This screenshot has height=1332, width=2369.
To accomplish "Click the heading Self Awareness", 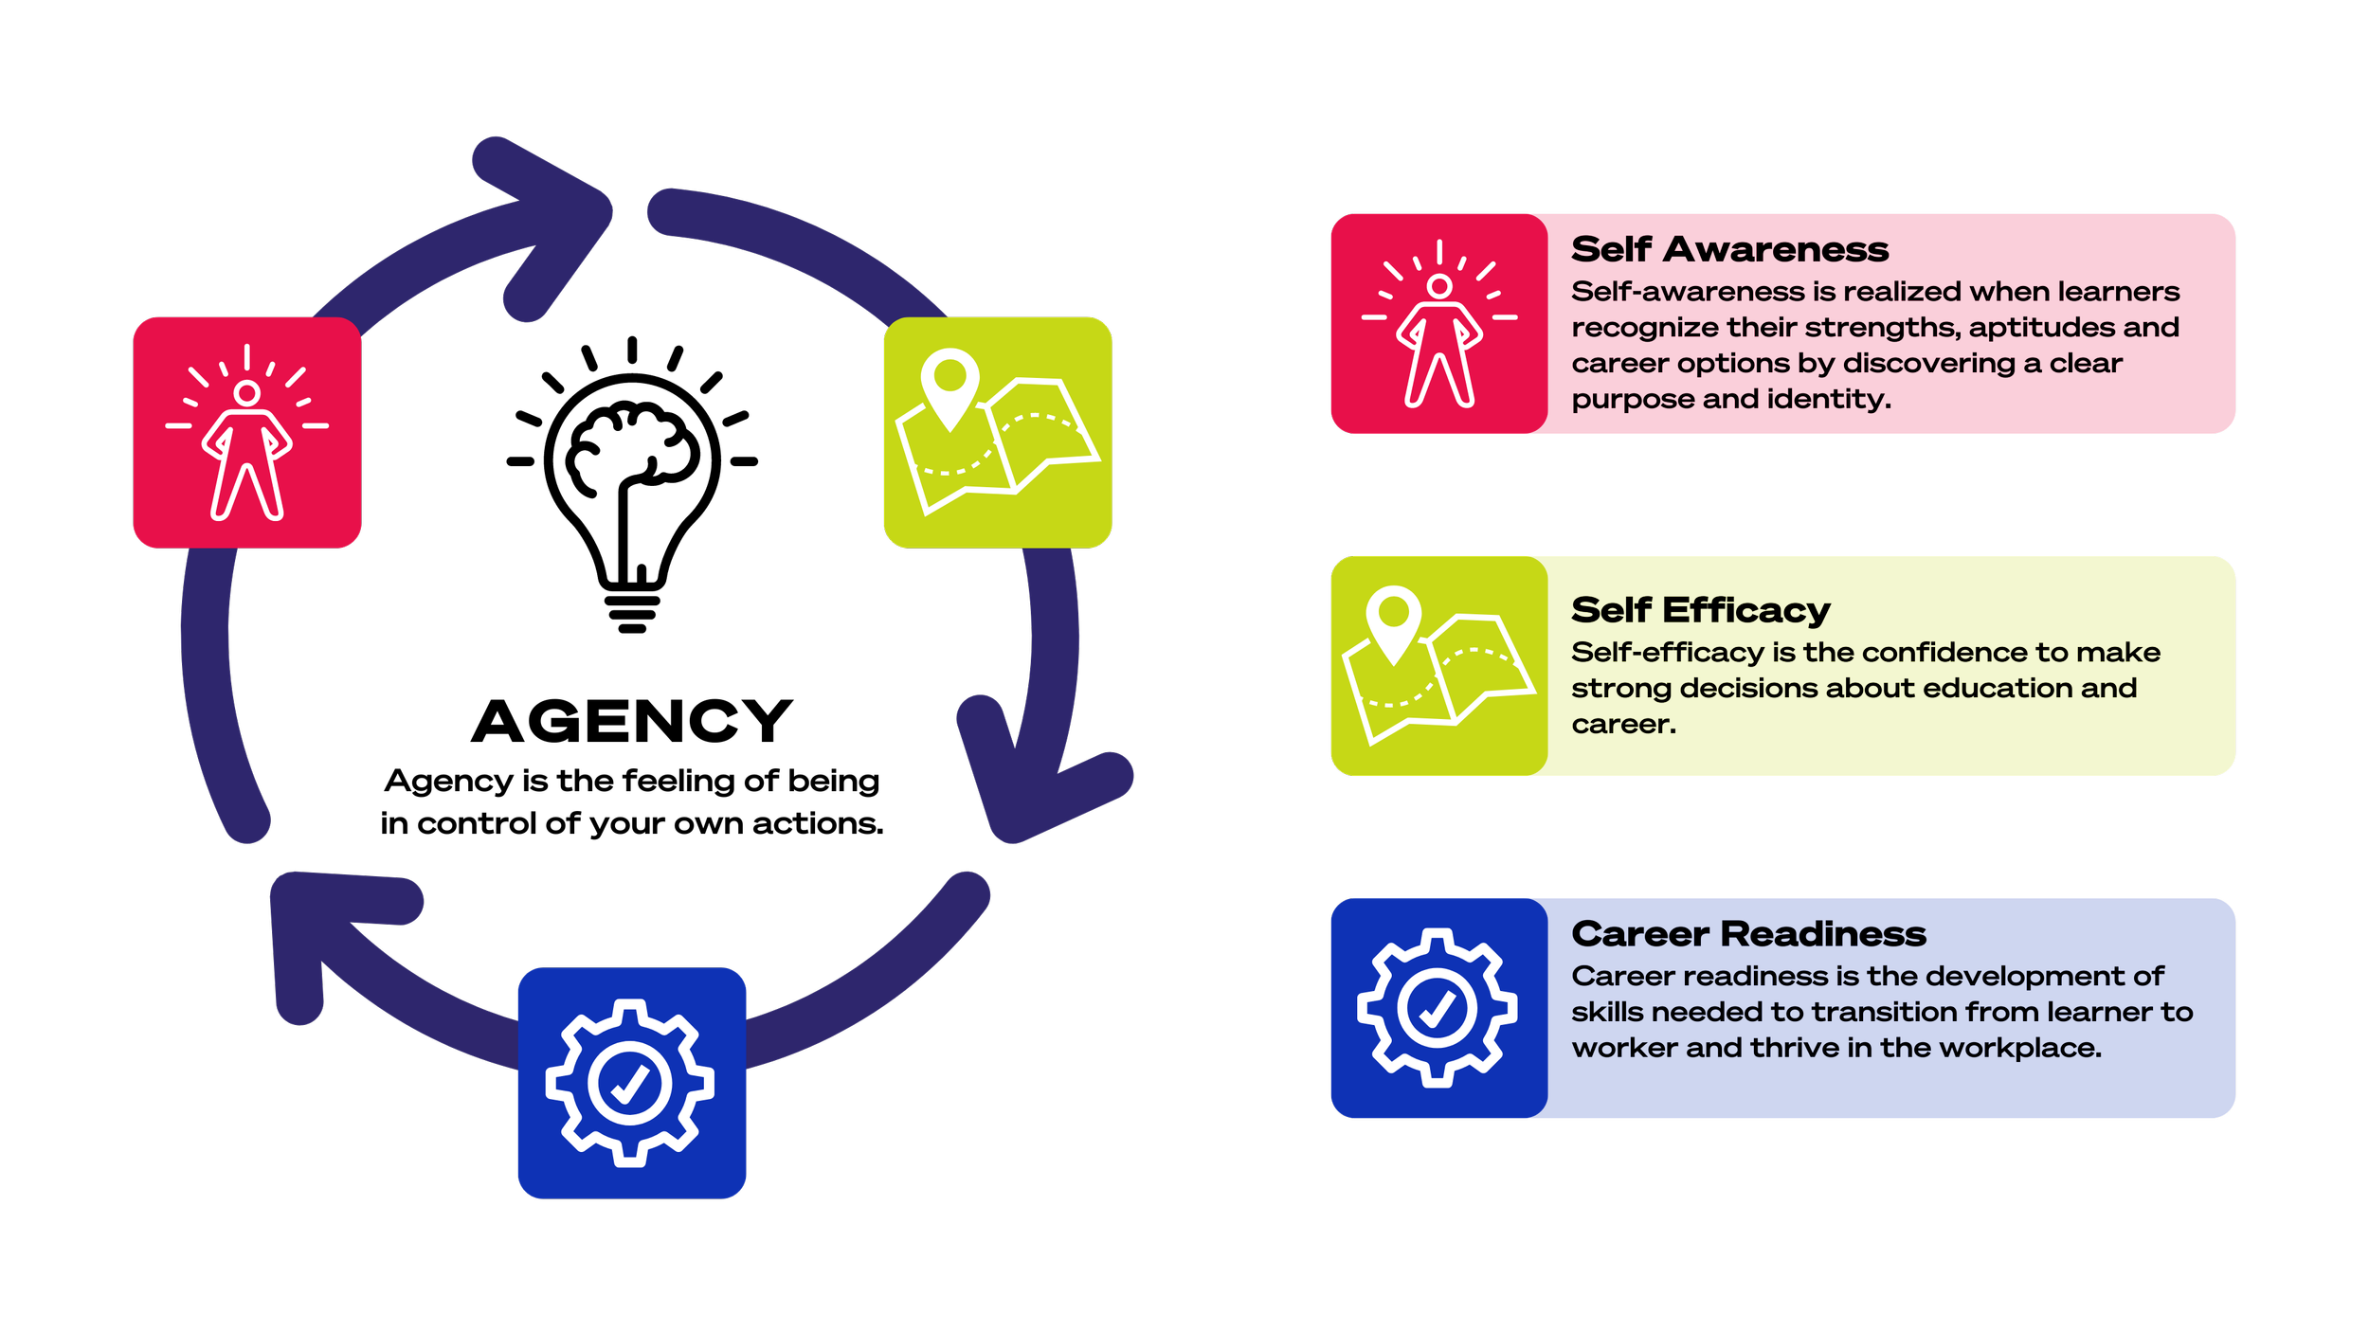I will pyautogui.click(x=1729, y=250).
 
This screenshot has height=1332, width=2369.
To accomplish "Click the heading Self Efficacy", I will pyautogui.click(x=1700, y=611).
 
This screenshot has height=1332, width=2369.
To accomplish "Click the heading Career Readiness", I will pyautogui.click(x=1748, y=935).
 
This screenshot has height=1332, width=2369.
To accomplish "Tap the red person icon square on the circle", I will pyautogui.click(x=247, y=432).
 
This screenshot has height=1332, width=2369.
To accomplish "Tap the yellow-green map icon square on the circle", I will pyautogui.click(x=997, y=432).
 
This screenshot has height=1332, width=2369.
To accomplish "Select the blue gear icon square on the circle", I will pyautogui.click(x=632, y=1083).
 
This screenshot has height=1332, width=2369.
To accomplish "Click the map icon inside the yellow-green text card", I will pyautogui.click(x=1438, y=665).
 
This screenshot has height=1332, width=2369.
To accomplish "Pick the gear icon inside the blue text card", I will pyautogui.click(x=1438, y=1007).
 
